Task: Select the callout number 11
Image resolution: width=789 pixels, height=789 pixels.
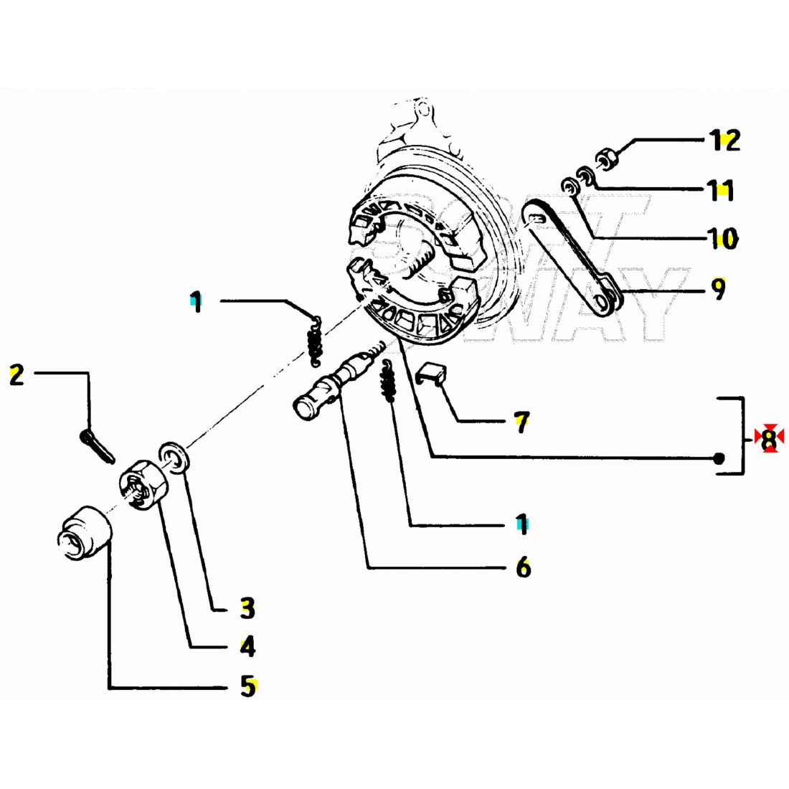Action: coord(719,191)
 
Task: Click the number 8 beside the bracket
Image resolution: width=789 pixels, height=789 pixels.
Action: coord(769,438)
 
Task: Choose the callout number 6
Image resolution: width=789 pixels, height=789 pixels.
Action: coord(523,567)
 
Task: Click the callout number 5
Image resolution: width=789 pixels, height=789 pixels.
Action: coord(247,686)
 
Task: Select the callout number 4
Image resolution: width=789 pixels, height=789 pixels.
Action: coord(247,648)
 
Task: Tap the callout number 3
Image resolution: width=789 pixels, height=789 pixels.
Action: coord(247,609)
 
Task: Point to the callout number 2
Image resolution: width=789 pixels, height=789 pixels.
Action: coord(16,374)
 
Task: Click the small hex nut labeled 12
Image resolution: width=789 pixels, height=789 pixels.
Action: coord(606,158)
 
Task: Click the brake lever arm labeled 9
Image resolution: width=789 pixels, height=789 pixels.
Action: coord(570,258)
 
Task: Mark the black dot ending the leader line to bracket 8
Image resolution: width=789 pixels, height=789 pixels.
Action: coord(720,459)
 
